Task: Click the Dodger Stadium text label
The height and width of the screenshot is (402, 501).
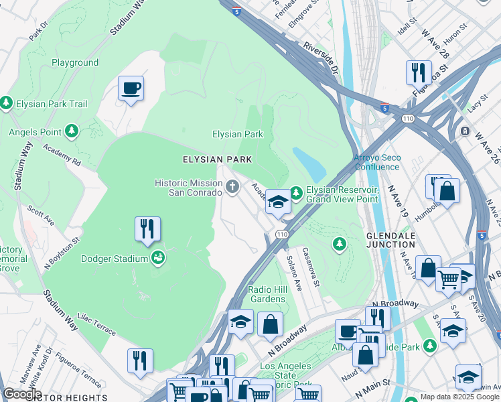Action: pyautogui.click(x=114, y=259)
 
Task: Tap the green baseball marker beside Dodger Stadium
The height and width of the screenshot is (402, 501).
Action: pyautogui.click(x=158, y=258)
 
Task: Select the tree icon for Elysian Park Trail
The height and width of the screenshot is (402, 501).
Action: pyautogui.click(x=7, y=103)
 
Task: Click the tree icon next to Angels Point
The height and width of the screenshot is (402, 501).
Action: pyautogui.click(x=71, y=131)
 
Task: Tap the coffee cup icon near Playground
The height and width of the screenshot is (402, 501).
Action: pyautogui.click(x=131, y=88)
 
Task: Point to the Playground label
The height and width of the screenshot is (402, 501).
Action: pyautogui.click(x=75, y=63)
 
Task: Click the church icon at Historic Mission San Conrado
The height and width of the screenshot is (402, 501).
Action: pyautogui.click(x=232, y=187)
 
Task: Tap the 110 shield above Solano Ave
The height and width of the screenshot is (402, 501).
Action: pyautogui.click(x=281, y=234)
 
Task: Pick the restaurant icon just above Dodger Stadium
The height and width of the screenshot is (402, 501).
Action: pyautogui.click(x=147, y=228)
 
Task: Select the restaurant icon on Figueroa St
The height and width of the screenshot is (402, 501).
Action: pyautogui.click(x=418, y=72)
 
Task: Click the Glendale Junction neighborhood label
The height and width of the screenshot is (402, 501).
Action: pyautogui.click(x=390, y=241)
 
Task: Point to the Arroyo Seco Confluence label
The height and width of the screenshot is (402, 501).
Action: pyautogui.click(x=377, y=162)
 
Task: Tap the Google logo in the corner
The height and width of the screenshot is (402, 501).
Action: pyautogui.click(x=21, y=394)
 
